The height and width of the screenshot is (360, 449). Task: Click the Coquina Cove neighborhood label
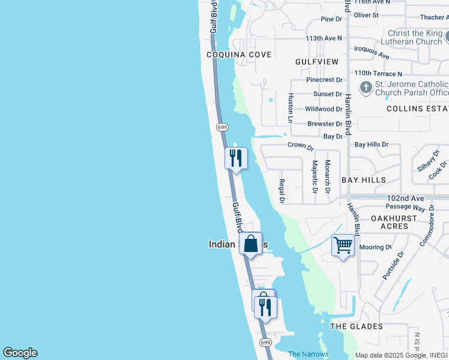click(x=239, y=55)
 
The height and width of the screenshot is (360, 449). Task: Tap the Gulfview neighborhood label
click(x=317, y=62)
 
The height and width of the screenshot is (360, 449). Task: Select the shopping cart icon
click(x=343, y=245)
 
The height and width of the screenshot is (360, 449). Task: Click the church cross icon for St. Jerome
click(x=366, y=88)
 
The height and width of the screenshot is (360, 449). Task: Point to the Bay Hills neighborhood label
click(x=364, y=180)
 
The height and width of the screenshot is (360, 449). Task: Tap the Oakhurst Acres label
click(x=390, y=222)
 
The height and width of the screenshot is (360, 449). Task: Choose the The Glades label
click(x=357, y=326)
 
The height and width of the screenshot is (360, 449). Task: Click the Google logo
click(x=20, y=353)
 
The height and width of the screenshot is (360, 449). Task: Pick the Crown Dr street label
click(x=301, y=146)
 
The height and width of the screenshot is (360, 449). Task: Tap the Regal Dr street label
click(x=282, y=190)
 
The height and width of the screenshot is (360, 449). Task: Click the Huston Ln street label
click(x=290, y=108)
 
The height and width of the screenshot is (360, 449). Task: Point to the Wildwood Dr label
click(x=324, y=109)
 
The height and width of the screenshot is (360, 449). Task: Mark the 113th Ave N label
click(x=324, y=38)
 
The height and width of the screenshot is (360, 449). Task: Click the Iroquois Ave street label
click(x=372, y=52)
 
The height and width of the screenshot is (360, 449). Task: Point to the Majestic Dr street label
click(x=315, y=177)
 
